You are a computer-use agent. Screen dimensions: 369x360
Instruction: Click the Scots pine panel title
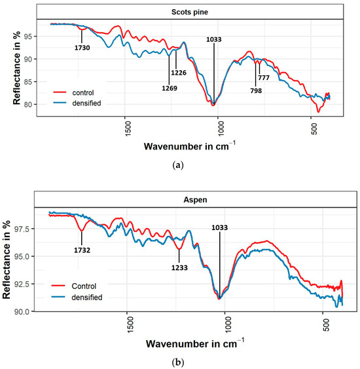pos(196,11)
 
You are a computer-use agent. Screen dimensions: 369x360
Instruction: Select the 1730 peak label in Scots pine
pos(82,47)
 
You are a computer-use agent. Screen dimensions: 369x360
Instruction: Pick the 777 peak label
pos(264,77)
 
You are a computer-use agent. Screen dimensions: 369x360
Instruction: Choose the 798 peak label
pos(256,90)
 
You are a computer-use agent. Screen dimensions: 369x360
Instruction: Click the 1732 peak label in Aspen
pos(82,249)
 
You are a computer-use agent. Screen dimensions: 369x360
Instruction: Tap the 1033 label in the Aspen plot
pos(221,227)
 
